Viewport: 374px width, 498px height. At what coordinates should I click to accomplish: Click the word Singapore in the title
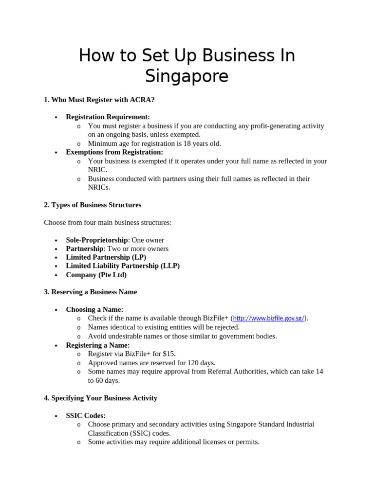(187, 76)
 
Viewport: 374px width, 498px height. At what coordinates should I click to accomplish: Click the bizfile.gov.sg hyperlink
(269, 319)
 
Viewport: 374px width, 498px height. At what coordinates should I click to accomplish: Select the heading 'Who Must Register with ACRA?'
(99, 100)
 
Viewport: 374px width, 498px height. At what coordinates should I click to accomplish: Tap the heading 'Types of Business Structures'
(93, 205)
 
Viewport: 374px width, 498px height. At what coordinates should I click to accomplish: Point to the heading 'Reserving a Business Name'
(90, 292)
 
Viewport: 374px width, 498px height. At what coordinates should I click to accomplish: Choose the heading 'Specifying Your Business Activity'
(100, 398)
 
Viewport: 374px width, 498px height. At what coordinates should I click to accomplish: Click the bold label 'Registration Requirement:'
(108, 117)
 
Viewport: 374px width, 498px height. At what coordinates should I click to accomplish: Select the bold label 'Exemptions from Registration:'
(114, 152)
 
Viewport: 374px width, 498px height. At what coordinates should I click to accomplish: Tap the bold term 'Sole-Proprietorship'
(96, 240)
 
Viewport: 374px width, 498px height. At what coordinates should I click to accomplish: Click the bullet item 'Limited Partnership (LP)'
(106, 257)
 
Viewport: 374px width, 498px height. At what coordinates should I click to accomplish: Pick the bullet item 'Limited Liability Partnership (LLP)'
(123, 266)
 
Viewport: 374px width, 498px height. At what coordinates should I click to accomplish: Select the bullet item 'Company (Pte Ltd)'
(96, 275)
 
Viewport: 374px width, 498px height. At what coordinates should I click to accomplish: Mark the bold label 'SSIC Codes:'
(86, 416)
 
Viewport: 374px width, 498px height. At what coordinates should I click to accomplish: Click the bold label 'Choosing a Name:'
(94, 310)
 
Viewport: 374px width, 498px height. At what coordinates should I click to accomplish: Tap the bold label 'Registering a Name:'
(98, 345)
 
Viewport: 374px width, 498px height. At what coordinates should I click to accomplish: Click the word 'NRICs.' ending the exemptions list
(99, 187)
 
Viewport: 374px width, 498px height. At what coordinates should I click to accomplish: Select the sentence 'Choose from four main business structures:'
(108, 223)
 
